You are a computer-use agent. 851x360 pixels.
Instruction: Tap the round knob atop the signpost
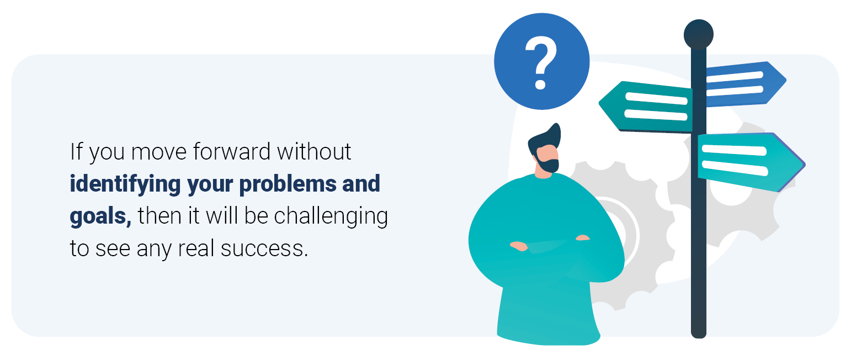[698, 34]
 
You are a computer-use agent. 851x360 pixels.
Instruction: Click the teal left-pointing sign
[646, 107]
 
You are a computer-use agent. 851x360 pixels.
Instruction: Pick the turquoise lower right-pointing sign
[751, 162]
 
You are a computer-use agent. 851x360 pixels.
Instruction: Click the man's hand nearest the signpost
[583, 238]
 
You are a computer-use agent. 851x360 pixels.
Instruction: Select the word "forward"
[231, 152]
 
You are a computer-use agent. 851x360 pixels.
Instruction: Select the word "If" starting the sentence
[76, 152]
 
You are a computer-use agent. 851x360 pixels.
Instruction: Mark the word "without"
[314, 152]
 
